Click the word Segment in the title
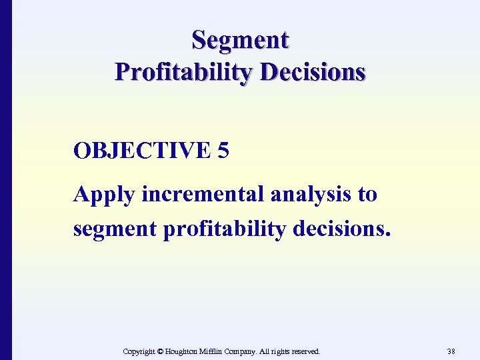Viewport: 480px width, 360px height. (x=240, y=40)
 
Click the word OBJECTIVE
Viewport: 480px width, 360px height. (x=141, y=151)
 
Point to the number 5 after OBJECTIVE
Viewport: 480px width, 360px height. (x=223, y=151)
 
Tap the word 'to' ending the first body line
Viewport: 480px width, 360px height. (x=367, y=195)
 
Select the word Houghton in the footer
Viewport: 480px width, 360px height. (x=185, y=351)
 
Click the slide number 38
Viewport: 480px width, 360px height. (x=451, y=351)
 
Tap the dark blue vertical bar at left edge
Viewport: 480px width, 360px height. (x=5, y=180)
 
